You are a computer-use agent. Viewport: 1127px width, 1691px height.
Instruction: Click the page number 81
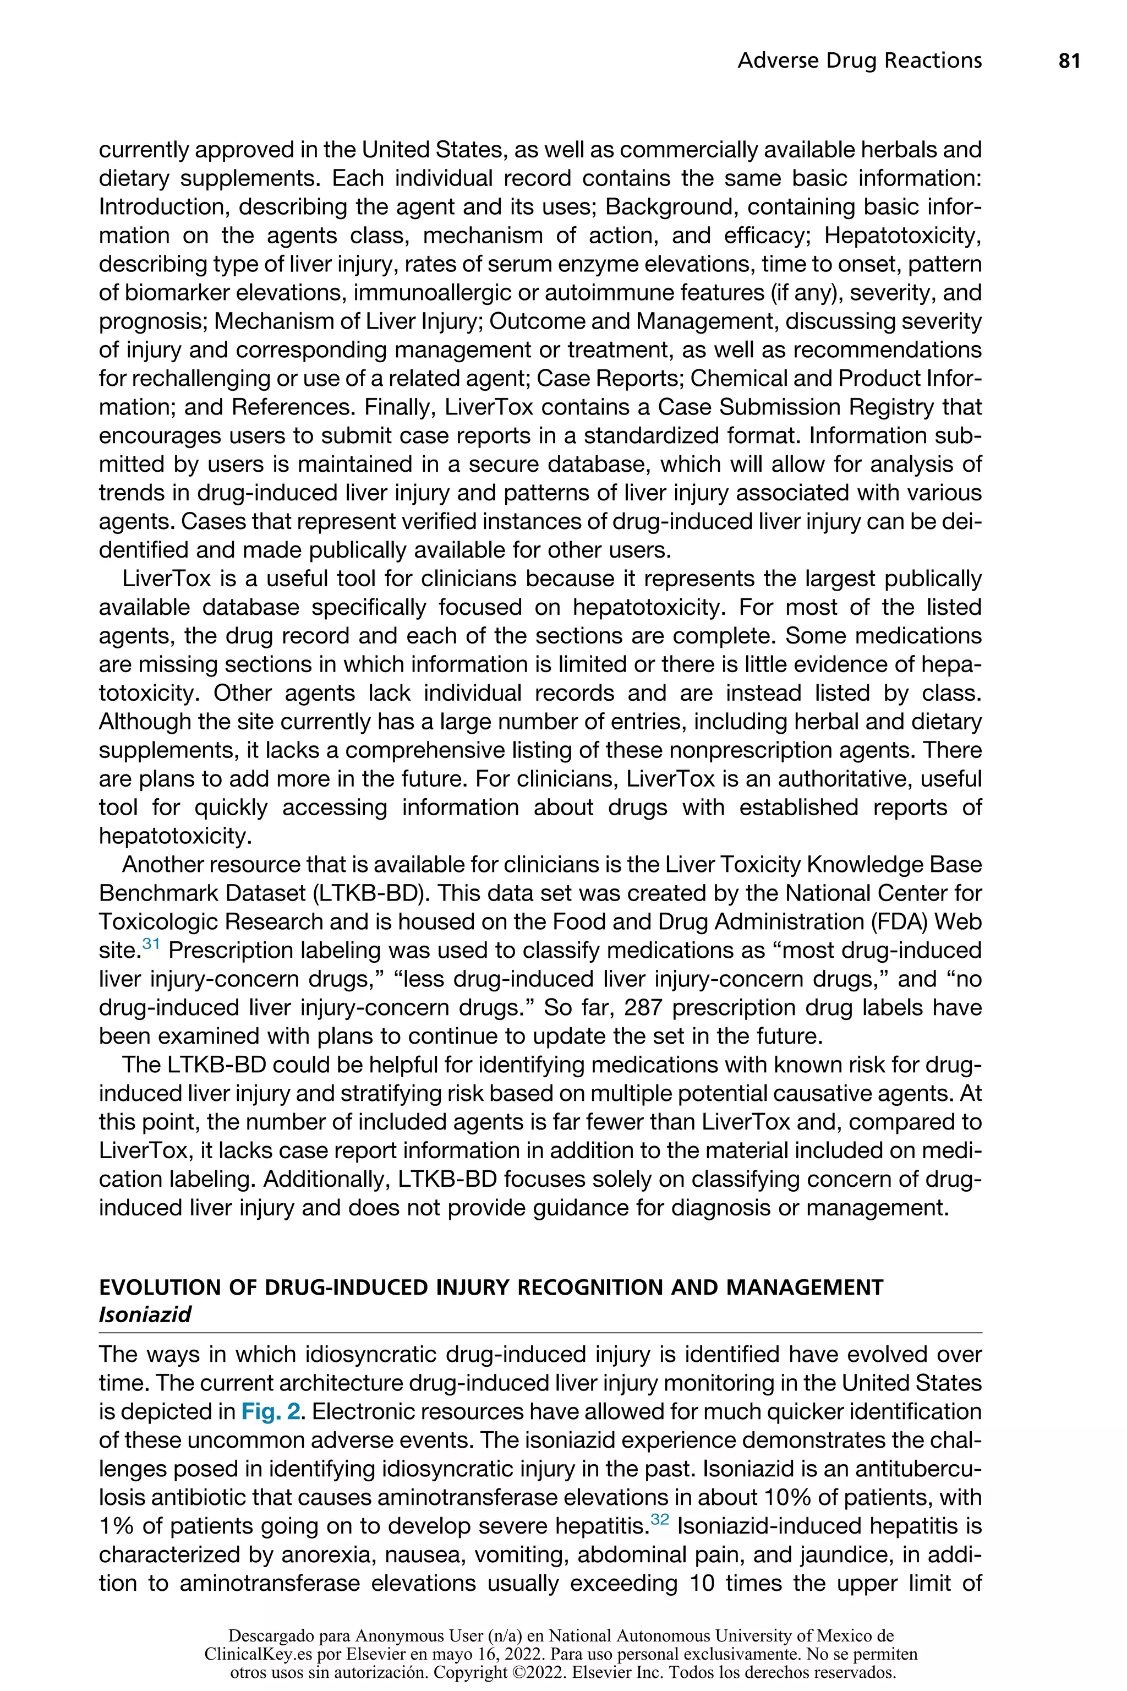pyautogui.click(x=1069, y=61)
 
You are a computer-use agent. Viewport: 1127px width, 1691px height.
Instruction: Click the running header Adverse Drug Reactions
pyautogui.click(x=859, y=61)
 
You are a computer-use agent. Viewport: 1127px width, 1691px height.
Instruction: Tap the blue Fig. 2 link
pyautogui.click(x=270, y=1411)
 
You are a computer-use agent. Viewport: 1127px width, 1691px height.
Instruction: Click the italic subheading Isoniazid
pyautogui.click(x=145, y=1314)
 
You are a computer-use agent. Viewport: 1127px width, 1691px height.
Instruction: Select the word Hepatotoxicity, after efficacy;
pyautogui.click(x=902, y=236)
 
